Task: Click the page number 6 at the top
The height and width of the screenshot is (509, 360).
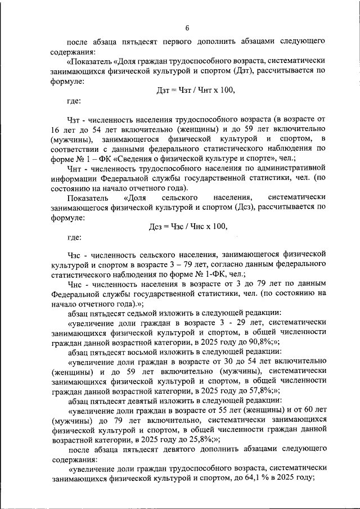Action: pos(187,28)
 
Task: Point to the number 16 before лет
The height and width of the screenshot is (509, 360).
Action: pos(55,129)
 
